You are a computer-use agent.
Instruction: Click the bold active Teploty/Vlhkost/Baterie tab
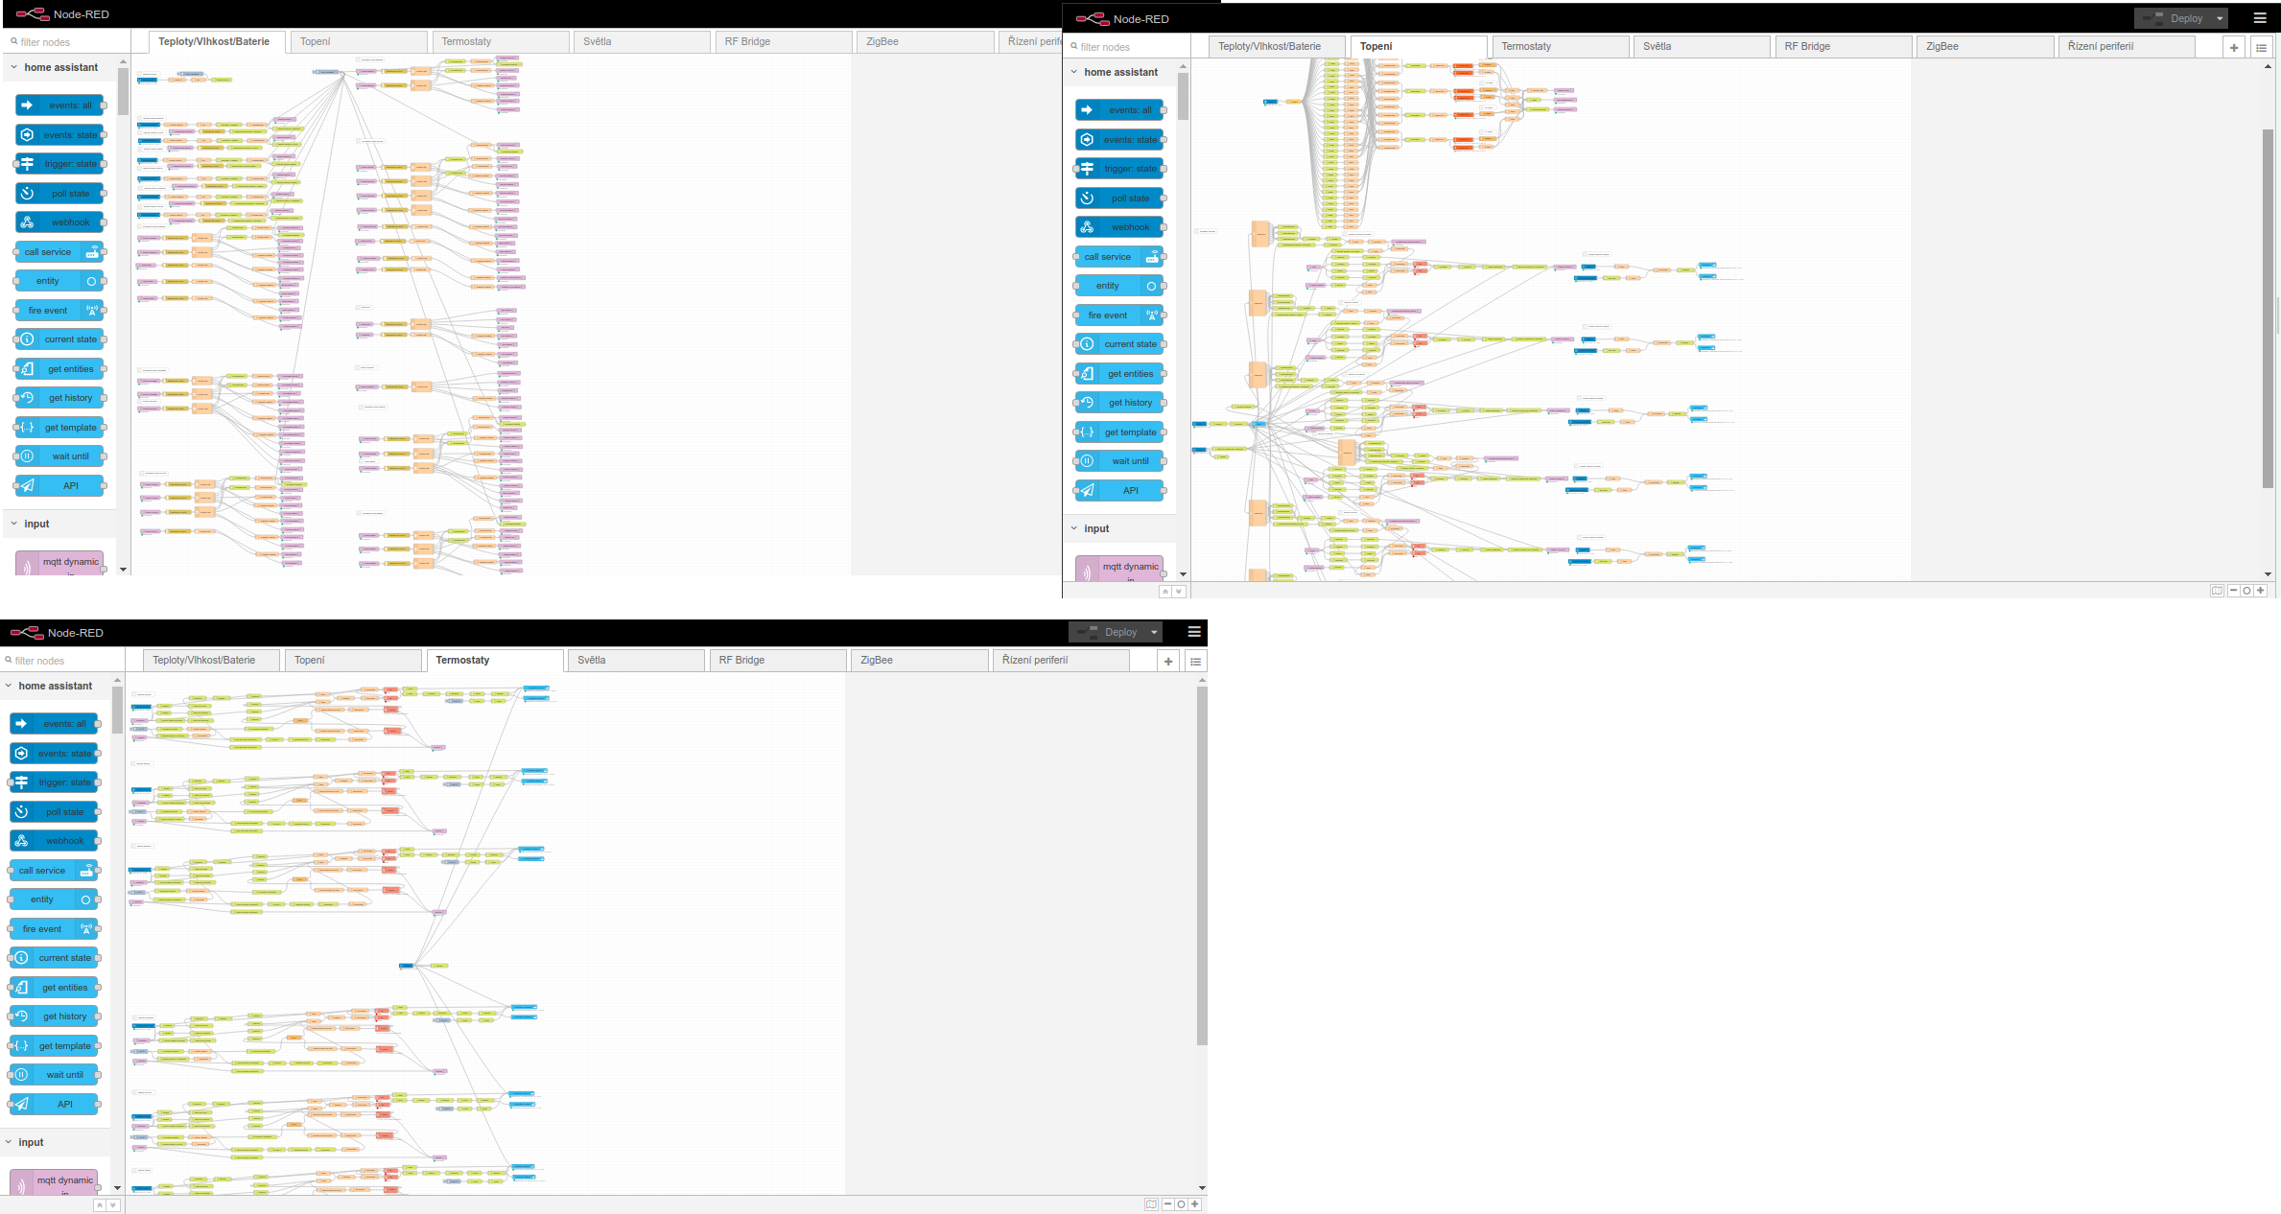coord(214,42)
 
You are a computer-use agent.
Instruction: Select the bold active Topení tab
coord(1376,47)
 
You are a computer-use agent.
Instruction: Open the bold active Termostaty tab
coord(462,661)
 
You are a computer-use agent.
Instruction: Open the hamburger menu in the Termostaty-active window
coord(1194,632)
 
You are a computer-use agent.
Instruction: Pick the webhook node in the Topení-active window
coord(1120,228)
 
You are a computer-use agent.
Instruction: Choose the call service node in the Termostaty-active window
coord(54,871)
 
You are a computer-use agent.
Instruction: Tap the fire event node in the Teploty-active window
coord(59,311)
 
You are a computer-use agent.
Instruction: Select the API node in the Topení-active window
coord(1120,491)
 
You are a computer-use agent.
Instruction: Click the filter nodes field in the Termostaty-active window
coord(58,661)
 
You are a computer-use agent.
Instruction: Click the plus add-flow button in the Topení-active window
coord(2234,48)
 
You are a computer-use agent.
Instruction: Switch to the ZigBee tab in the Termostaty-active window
coord(877,661)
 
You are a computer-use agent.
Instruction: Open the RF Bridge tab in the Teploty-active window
coord(747,42)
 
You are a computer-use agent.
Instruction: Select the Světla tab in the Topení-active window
coord(1657,47)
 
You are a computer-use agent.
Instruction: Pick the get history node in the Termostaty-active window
coord(54,1016)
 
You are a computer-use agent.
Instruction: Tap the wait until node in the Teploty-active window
coord(59,456)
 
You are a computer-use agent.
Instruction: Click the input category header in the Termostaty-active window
coord(32,1143)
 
